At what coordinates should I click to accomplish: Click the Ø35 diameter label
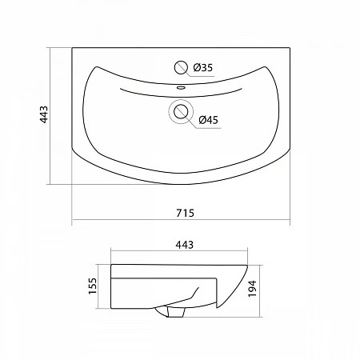(203, 68)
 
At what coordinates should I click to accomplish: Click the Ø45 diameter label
(209, 120)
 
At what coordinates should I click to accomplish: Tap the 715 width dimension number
(186, 213)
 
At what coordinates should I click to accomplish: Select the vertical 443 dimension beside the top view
(44, 114)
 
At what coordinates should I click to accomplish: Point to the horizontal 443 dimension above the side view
(185, 245)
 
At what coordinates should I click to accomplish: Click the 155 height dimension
(93, 286)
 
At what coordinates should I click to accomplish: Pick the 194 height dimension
(252, 289)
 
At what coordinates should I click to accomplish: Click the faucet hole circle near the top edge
(181, 67)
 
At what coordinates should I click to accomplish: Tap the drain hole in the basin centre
(181, 111)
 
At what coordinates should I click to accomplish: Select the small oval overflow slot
(181, 87)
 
